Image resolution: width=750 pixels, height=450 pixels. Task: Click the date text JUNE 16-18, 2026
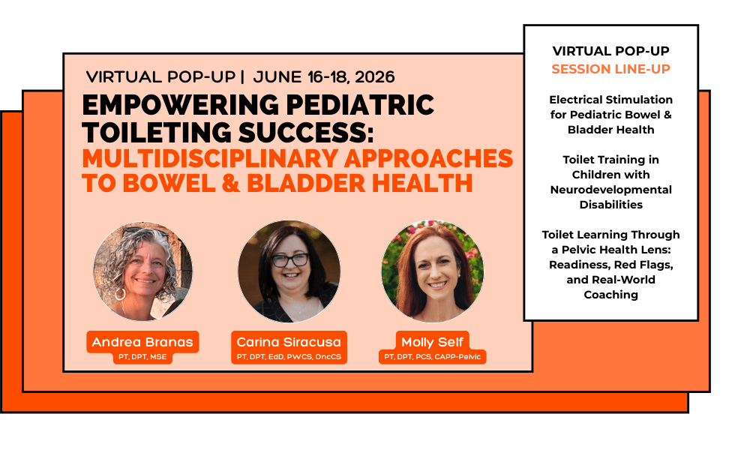point(324,77)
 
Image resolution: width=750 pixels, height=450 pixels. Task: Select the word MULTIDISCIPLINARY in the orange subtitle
point(210,159)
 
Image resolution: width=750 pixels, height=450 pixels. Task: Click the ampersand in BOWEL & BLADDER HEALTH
point(230,184)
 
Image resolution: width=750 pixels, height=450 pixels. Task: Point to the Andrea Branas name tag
point(142,342)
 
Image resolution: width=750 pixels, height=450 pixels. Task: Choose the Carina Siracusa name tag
point(289,342)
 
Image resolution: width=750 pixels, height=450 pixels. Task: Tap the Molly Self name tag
point(433,342)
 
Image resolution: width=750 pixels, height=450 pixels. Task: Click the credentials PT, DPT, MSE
point(142,357)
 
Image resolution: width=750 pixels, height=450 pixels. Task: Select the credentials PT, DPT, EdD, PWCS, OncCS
point(289,357)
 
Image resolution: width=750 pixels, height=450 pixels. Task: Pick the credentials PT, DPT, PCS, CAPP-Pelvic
point(433,357)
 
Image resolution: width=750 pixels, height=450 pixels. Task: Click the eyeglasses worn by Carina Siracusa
point(289,260)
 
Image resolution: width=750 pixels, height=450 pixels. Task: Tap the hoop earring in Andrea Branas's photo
point(119,294)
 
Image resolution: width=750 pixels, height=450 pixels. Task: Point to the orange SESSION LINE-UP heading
point(610,69)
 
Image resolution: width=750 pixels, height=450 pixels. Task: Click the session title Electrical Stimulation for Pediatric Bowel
point(610,107)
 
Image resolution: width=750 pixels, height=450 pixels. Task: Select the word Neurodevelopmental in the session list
point(610,190)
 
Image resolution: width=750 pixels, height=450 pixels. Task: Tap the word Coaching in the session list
point(610,295)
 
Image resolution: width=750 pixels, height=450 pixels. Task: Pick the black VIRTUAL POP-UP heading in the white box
point(610,51)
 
